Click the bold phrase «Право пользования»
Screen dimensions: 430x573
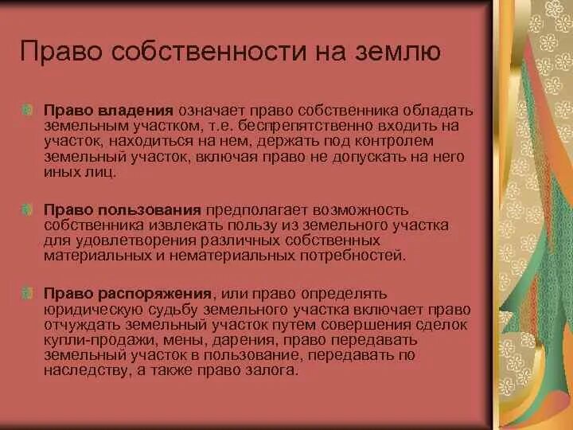122,210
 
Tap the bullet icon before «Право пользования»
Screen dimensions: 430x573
29,210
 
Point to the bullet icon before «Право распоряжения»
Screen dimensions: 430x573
29,294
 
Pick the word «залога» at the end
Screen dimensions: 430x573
275,371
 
